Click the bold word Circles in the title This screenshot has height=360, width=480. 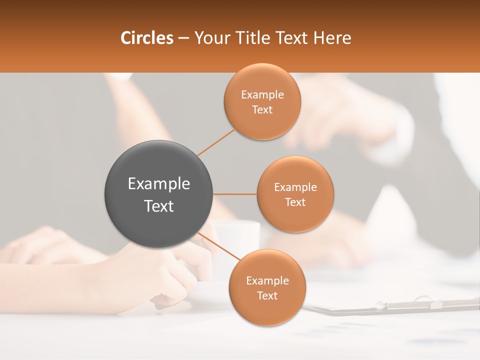[147, 38]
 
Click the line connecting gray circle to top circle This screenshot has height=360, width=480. [216, 142]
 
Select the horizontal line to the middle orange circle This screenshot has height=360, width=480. [235, 194]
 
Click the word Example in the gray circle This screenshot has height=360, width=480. [159, 184]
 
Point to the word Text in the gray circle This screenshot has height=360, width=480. [159, 205]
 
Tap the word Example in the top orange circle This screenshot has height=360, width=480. [262, 95]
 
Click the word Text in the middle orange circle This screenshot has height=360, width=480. [295, 202]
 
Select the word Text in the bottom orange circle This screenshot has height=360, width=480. [267, 295]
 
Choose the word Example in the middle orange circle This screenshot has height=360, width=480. [295, 187]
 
